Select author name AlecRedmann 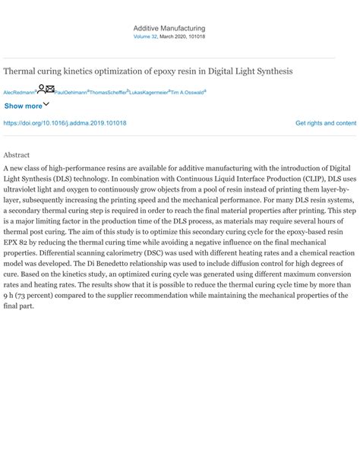[x=19, y=92]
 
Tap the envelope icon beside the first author [x=49, y=89]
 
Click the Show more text [x=23, y=106]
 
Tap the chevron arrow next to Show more [x=46, y=104]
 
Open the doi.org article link [x=65, y=122]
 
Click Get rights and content [x=325, y=122]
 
